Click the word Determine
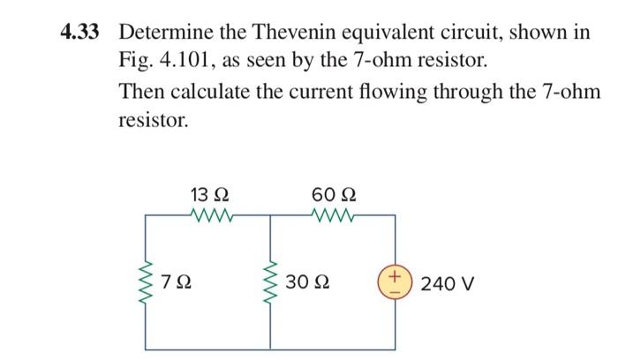[162, 33]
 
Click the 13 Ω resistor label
[210, 193]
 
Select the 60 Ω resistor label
[335, 193]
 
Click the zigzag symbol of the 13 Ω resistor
[210, 214]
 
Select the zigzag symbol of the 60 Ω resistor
[334, 214]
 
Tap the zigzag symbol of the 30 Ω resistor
[270, 283]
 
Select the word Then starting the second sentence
[140, 92]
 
